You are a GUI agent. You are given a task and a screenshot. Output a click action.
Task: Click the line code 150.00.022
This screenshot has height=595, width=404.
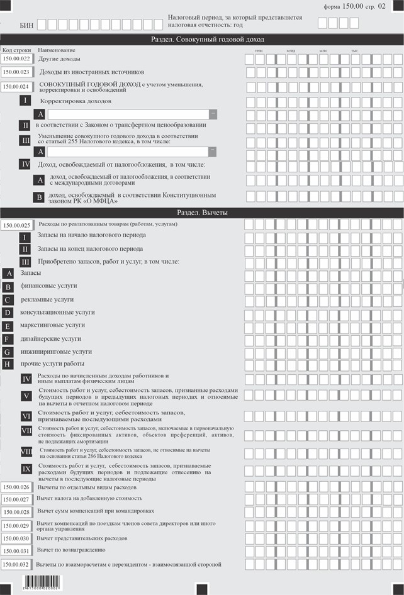pyautogui.click(x=18, y=58)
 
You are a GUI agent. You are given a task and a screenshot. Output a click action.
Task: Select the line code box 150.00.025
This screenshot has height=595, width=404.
pyautogui.click(x=18, y=225)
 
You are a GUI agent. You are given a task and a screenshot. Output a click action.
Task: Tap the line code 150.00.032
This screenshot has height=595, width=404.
pyautogui.click(x=16, y=564)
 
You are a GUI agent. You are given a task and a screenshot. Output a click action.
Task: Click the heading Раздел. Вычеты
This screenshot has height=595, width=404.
pyautogui.click(x=201, y=213)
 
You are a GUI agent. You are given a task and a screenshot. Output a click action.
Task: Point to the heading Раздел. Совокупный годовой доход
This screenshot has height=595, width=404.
pyautogui.click(x=201, y=39)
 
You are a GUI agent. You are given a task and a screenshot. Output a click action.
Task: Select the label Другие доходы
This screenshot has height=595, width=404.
pyautogui.click(x=59, y=58)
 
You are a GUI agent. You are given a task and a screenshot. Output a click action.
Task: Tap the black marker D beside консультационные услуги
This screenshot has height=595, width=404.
pyautogui.click(x=8, y=313)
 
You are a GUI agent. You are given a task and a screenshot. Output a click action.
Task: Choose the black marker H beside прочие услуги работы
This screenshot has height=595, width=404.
pyautogui.click(x=8, y=365)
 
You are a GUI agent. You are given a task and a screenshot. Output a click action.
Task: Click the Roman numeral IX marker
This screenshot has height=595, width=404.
pyautogui.click(x=26, y=469)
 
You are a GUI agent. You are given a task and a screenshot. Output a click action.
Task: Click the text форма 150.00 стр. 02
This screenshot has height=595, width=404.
pyautogui.click(x=354, y=6)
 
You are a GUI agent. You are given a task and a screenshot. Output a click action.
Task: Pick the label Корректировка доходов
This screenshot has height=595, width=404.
pyautogui.click(x=76, y=101)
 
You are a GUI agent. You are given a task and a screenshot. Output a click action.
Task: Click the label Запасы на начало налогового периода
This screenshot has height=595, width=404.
pyautogui.click(x=92, y=235)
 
